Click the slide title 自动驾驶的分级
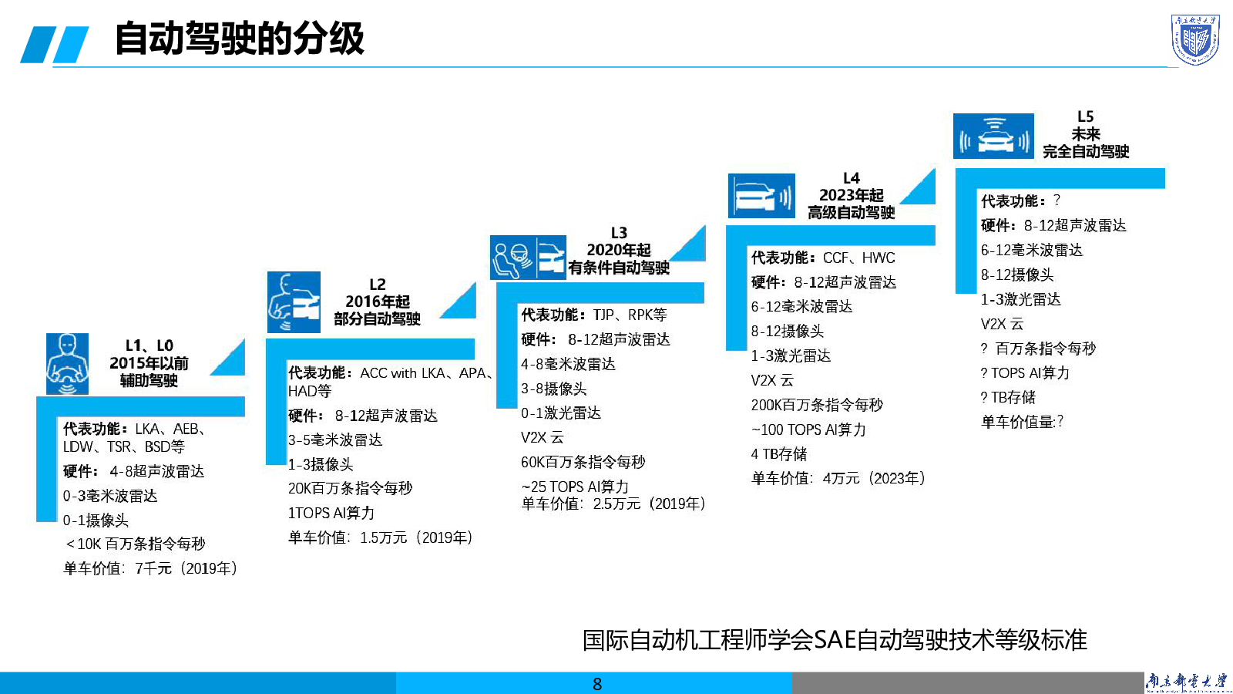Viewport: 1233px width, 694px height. (239, 39)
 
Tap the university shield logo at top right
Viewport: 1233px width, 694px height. (1195, 39)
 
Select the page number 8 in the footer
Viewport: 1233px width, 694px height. (597, 684)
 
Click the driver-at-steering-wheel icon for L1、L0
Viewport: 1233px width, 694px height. (67, 364)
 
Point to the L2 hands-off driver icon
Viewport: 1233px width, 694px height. (294, 302)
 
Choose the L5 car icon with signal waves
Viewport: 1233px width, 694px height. (993, 136)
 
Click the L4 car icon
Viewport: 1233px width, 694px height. (761, 196)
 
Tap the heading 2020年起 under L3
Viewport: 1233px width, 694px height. (619, 250)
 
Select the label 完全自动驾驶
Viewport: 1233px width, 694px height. (1085, 152)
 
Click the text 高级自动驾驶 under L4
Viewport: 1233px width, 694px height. (851, 213)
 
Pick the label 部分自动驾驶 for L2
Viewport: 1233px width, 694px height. (377, 319)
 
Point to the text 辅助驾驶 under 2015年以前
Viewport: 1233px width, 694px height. (149, 380)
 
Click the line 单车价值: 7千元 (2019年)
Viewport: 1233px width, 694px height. (150, 569)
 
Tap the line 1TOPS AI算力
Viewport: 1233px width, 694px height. (331, 514)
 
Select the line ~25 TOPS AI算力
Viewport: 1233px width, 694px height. (575, 487)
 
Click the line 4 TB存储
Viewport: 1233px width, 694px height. (779, 454)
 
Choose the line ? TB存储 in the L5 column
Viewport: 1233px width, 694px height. (1008, 397)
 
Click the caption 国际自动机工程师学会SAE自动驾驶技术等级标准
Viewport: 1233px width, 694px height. (835, 640)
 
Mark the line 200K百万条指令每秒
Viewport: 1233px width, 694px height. (817, 405)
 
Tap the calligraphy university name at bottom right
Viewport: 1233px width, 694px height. (1187, 682)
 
